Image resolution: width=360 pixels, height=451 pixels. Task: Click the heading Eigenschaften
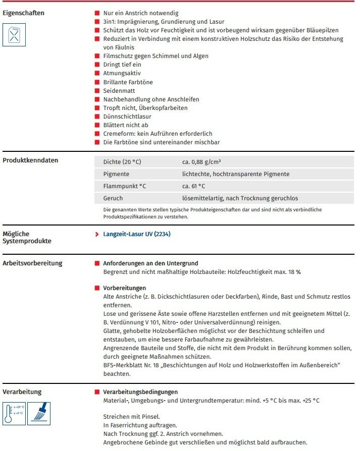(23, 13)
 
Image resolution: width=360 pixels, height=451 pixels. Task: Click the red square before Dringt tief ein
(97, 65)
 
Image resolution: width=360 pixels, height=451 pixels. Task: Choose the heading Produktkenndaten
(30, 160)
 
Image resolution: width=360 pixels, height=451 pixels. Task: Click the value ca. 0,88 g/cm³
(201, 162)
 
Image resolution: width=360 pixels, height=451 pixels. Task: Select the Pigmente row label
(116, 174)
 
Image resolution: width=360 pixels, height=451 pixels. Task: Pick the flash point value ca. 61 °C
(194, 186)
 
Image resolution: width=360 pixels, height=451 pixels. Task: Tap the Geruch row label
(113, 198)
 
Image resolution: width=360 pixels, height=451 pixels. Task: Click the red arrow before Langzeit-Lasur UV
(97, 234)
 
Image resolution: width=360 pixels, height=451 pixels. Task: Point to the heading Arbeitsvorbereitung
(32, 263)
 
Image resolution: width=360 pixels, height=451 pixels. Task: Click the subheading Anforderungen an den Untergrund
(150, 263)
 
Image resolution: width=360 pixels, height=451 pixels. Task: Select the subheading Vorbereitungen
(125, 288)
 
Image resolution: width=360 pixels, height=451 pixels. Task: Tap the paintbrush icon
(38, 412)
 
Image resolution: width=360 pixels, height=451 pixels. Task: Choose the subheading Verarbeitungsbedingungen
(140, 392)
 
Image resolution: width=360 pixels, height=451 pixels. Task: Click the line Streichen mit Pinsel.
(131, 417)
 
